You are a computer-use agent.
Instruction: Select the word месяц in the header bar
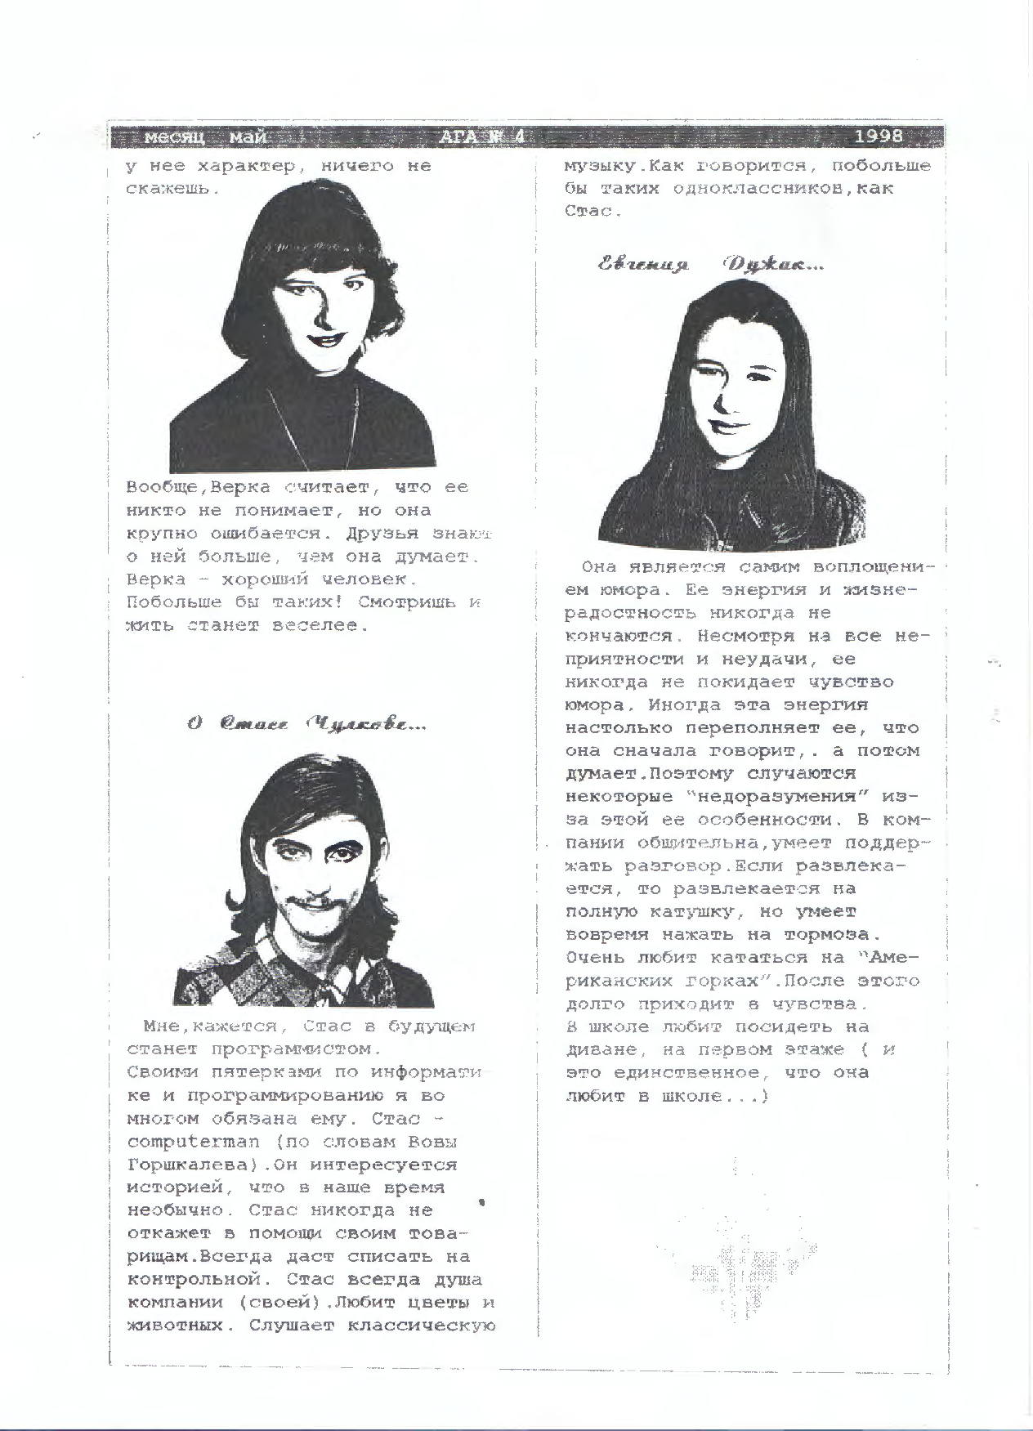173,137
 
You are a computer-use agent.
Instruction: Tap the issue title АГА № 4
482,136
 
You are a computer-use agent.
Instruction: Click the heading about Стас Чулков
306,724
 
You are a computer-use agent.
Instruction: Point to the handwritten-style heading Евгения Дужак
710,265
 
